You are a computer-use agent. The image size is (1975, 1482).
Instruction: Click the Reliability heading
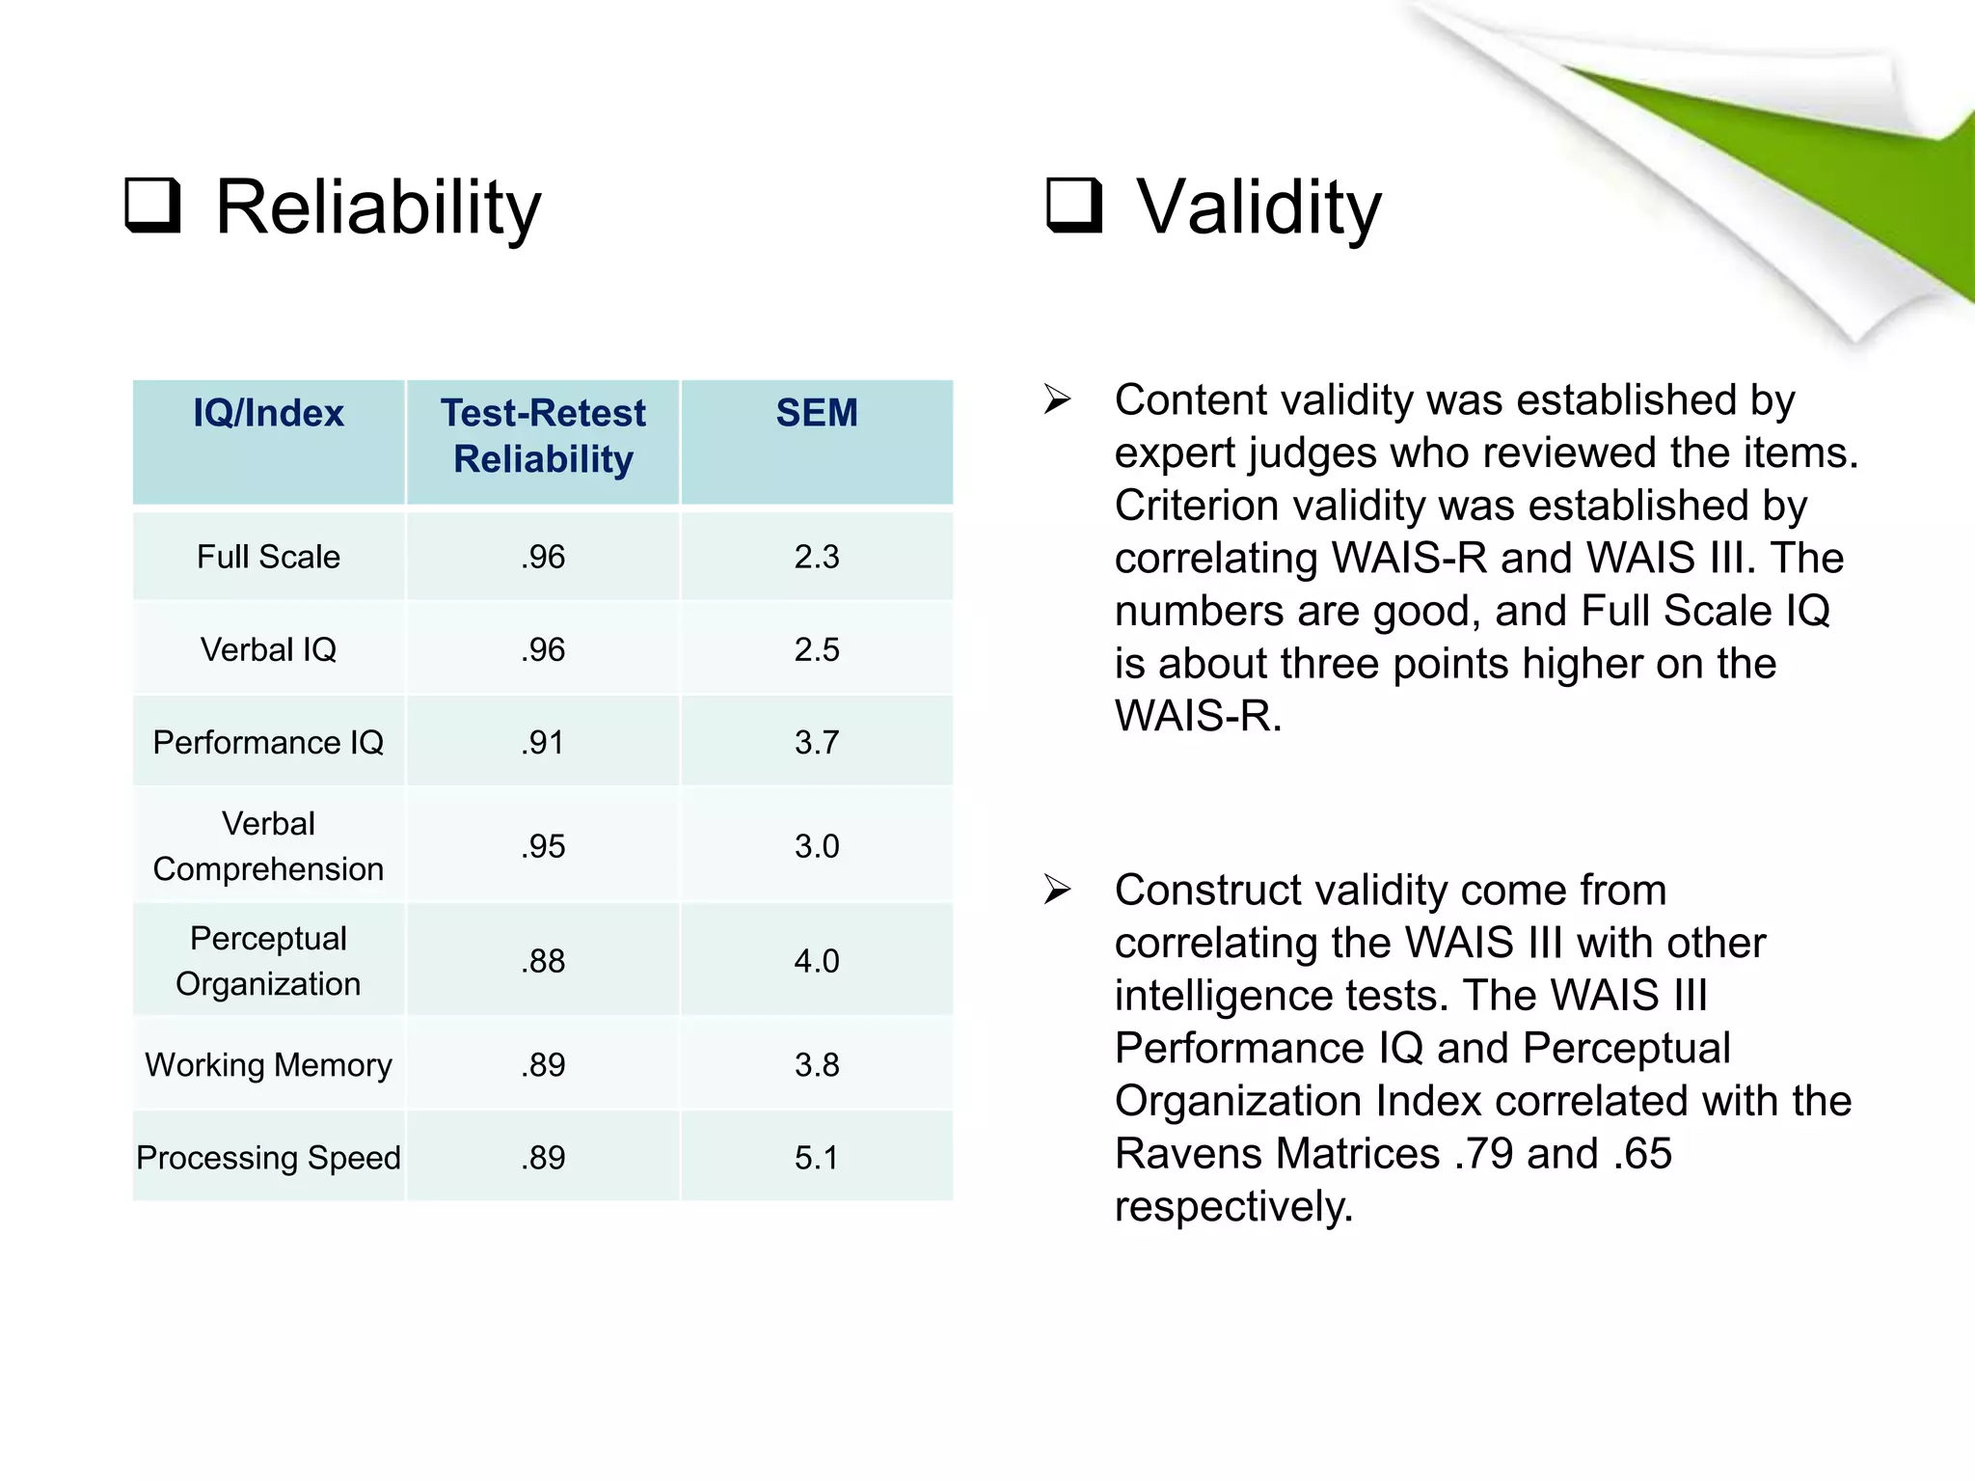377,207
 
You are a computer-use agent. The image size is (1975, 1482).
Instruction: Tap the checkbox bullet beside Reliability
153,205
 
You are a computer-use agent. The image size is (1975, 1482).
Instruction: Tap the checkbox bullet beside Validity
1074,205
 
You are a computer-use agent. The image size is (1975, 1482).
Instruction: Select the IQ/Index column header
268,414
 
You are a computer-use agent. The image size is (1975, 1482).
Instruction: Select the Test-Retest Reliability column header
543,436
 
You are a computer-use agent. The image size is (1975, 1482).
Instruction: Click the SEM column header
816,414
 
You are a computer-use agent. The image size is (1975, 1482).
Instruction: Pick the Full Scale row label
268,557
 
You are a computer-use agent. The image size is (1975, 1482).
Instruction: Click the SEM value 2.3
816,557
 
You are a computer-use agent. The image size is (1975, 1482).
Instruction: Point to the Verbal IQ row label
268,649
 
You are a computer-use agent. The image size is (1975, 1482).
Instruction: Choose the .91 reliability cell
543,742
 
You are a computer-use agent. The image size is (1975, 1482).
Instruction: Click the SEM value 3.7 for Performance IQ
816,742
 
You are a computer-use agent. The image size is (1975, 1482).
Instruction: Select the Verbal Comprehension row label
268,846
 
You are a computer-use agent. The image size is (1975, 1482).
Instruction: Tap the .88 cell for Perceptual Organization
543,961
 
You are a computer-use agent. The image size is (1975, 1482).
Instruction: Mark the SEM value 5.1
816,1158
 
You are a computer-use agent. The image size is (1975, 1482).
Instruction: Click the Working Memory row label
268,1065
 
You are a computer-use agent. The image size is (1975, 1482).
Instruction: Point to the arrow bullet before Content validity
1057,399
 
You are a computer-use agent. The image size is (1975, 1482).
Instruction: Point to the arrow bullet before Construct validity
1057,890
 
